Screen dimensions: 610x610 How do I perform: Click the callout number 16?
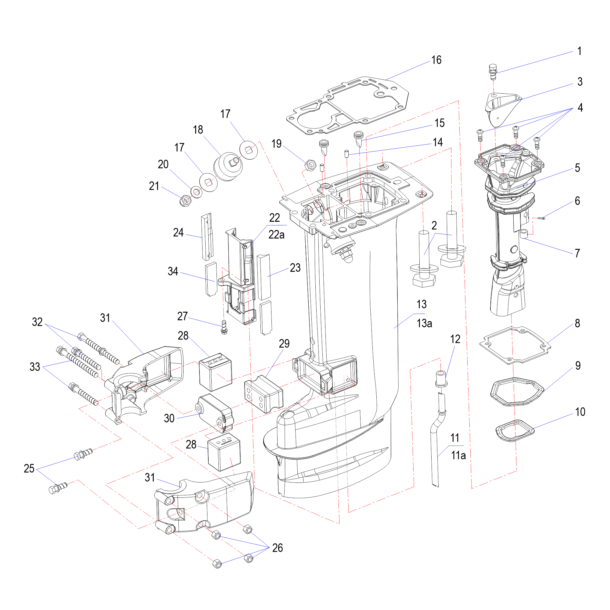click(436, 60)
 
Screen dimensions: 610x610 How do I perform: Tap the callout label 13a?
click(424, 323)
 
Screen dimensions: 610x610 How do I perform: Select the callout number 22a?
click(276, 235)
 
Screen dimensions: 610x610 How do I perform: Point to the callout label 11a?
click(458, 455)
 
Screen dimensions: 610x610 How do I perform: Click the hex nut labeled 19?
click(310, 164)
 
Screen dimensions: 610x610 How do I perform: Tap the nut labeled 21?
click(185, 200)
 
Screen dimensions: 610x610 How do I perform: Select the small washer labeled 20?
click(196, 192)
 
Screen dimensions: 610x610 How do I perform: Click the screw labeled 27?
click(224, 327)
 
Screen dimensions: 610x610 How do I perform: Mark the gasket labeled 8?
click(515, 346)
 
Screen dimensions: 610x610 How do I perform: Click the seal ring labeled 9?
click(517, 392)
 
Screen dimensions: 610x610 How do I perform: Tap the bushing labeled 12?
click(442, 378)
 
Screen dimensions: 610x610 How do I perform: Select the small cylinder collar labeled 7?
click(524, 234)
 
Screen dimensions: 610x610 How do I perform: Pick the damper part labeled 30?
click(215, 412)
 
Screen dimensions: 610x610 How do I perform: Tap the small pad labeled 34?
click(211, 278)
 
